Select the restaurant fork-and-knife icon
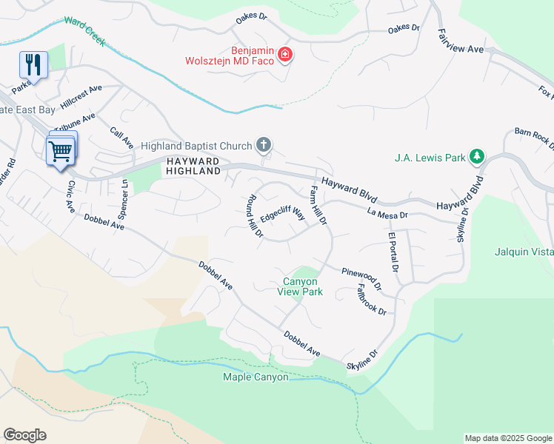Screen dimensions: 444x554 33,64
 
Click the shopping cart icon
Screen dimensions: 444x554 60,151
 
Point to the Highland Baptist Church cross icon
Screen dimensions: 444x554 264,144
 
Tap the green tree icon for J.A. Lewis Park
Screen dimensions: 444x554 478,156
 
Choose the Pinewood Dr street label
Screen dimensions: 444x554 361,277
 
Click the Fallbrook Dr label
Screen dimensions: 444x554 371,299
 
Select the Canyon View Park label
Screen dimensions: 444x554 301,286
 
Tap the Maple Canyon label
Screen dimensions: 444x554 256,377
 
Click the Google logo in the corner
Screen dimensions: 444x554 24,435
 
